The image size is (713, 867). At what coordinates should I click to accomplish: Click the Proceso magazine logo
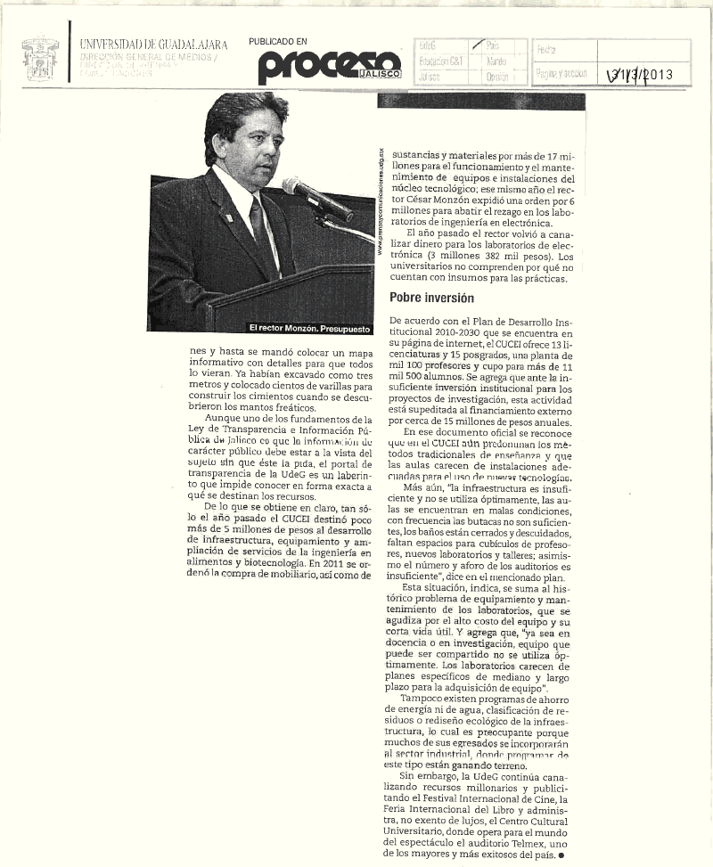coord(330,65)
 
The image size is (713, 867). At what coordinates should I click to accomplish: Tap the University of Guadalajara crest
coord(40,58)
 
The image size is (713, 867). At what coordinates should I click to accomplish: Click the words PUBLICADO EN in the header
coord(278,41)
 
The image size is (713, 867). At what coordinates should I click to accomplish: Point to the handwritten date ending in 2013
coord(638,75)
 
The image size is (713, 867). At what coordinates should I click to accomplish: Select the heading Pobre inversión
coord(431,298)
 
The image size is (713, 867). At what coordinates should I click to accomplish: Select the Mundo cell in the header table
coord(496,61)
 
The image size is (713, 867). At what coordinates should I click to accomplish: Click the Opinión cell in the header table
coord(497,77)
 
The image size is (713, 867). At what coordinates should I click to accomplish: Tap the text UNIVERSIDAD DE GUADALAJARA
coord(153,44)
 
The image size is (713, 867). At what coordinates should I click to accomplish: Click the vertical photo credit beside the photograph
coord(381,201)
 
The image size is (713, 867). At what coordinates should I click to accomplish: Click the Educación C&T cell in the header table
coord(440,61)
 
